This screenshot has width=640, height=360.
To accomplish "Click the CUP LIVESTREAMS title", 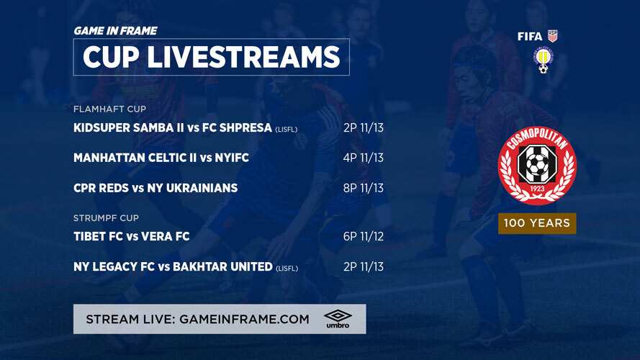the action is click(211, 57).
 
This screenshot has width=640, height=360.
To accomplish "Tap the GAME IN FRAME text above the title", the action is click(115, 31).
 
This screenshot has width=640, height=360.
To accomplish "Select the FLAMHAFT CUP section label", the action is click(110, 109).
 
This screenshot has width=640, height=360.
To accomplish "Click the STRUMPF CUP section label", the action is click(106, 218).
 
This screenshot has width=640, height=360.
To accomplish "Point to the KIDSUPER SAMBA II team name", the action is click(129, 127).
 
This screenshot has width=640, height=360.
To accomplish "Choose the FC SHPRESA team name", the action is click(237, 127).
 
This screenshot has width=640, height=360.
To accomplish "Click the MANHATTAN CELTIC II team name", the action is click(135, 158).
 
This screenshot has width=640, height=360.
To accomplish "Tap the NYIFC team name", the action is click(232, 158).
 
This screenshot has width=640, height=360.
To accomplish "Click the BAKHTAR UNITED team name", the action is click(222, 266).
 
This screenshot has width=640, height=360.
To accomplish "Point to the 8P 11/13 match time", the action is click(364, 188).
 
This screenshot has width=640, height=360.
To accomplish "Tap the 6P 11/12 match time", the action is click(364, 236).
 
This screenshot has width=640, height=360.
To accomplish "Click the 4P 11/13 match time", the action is click(364, 158).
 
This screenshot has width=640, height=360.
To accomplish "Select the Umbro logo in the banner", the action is click(338, 319).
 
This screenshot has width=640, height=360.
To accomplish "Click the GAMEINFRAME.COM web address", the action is click(244, 319).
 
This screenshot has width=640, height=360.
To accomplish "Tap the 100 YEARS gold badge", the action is click(537, 223).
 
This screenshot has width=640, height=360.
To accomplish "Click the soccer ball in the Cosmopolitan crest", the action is click(536, 163).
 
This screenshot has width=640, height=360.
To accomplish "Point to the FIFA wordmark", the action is click(530, 36).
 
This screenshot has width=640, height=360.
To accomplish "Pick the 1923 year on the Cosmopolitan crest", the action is click(537, 189).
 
